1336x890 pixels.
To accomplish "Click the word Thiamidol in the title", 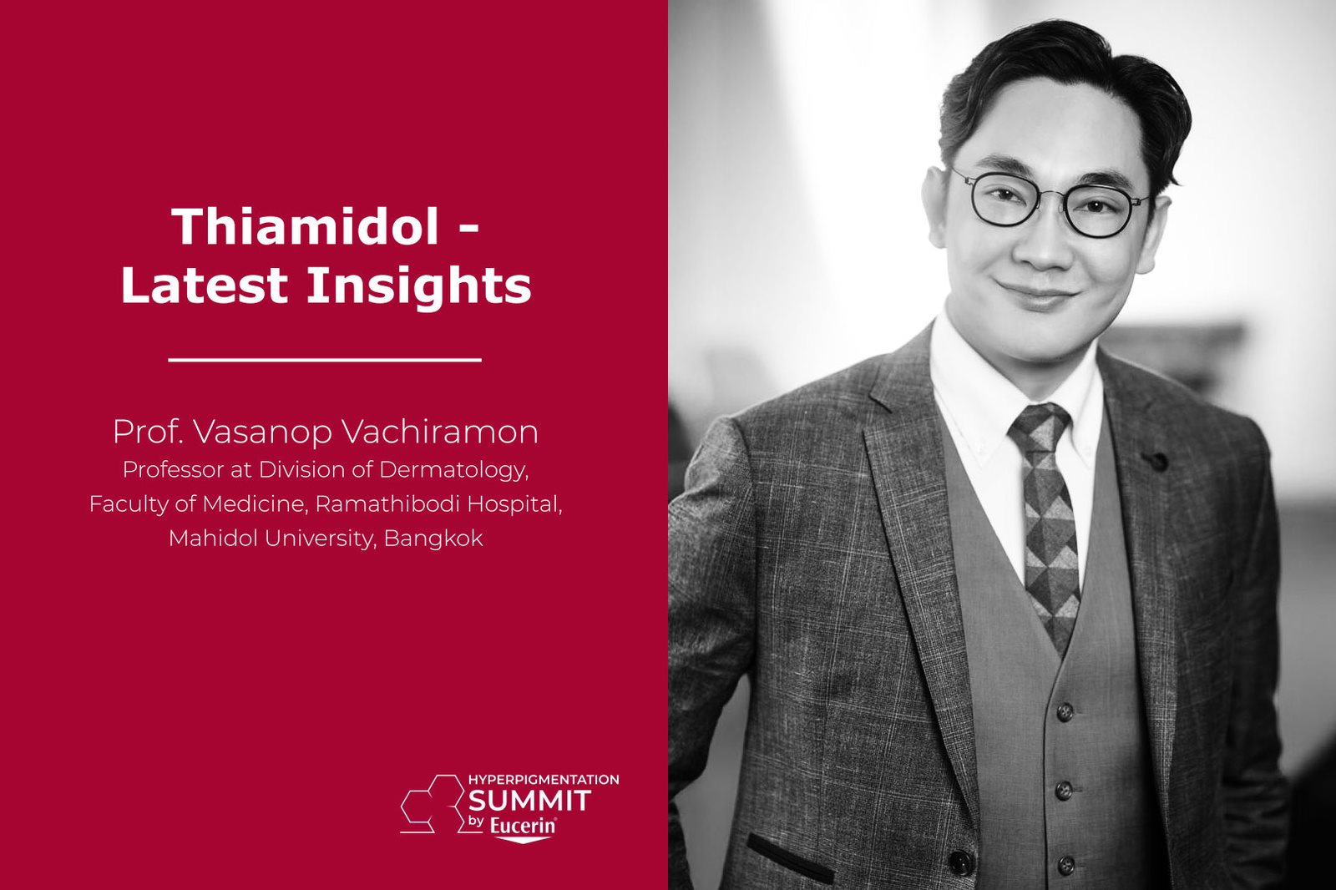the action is coord(306,226).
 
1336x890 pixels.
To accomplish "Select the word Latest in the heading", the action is coord(205,285).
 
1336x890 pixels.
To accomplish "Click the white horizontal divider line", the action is coord(325,361).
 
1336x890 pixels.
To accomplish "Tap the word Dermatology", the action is coord(454,471).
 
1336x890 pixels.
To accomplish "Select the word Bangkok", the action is coord(433,539).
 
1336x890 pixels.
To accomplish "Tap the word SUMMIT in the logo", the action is coord(529,801).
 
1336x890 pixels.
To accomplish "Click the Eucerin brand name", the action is coord(523,827).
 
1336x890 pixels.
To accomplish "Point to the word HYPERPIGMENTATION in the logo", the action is coord(544,780).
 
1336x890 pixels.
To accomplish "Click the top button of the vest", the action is coord(1065,711).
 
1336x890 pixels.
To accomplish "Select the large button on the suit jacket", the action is coord(959,862).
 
